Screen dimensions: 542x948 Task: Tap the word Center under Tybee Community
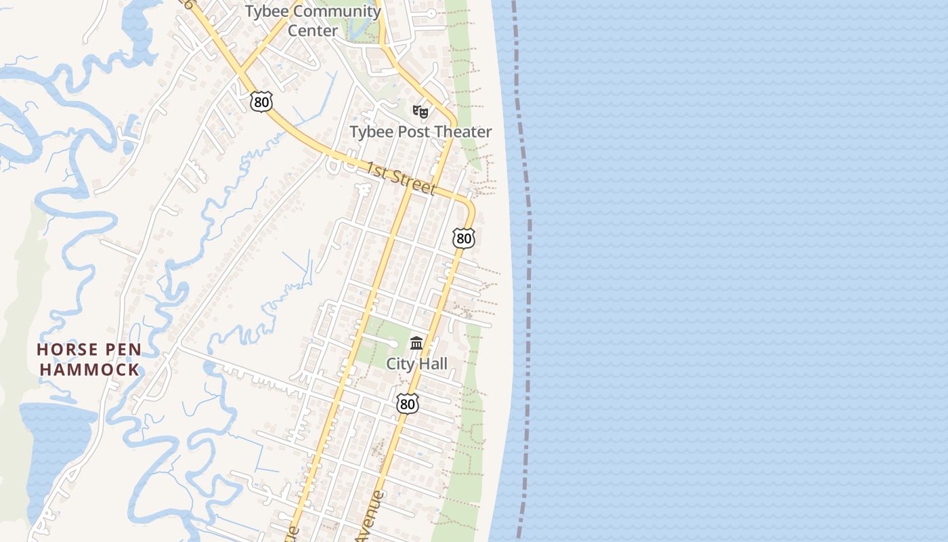312,31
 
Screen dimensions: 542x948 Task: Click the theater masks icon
421,111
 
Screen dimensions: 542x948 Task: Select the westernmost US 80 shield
261,102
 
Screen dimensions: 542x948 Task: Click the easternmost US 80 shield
464,238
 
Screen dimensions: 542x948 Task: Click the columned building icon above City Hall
416,343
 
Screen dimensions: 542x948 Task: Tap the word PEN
121,350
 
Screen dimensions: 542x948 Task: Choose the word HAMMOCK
89,370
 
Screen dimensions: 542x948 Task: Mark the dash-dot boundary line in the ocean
527,271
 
